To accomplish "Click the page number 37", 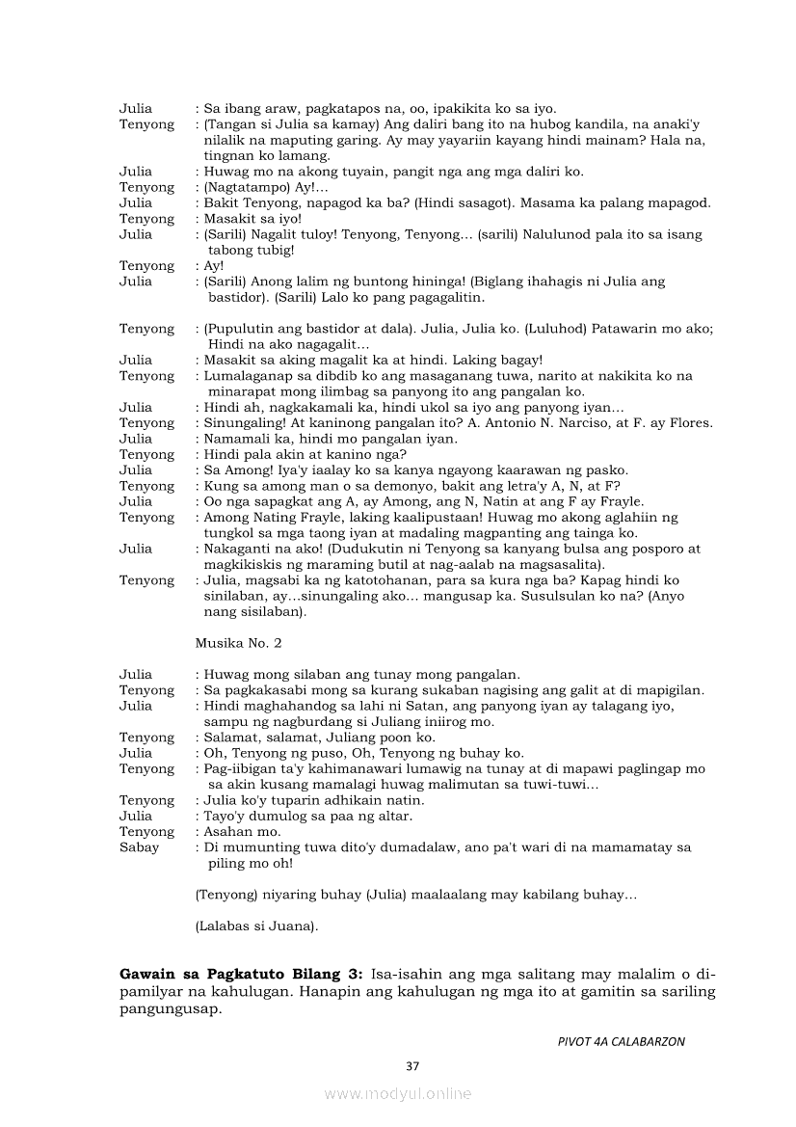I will click(412, 1065).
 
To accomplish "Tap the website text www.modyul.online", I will click(397, 1093).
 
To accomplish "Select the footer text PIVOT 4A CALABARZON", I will click(621, 1041).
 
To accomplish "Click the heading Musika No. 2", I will click(237, 642).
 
